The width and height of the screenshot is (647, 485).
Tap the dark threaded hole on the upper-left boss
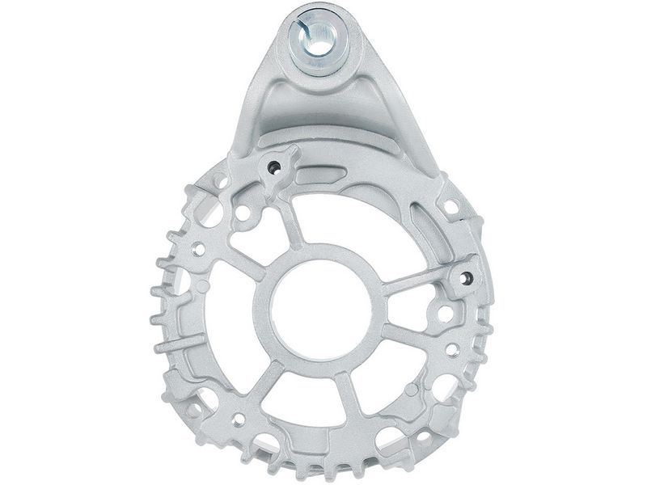(275, 167)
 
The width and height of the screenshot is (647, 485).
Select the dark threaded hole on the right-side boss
(467, 277)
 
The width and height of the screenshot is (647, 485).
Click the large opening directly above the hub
(348, 210)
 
